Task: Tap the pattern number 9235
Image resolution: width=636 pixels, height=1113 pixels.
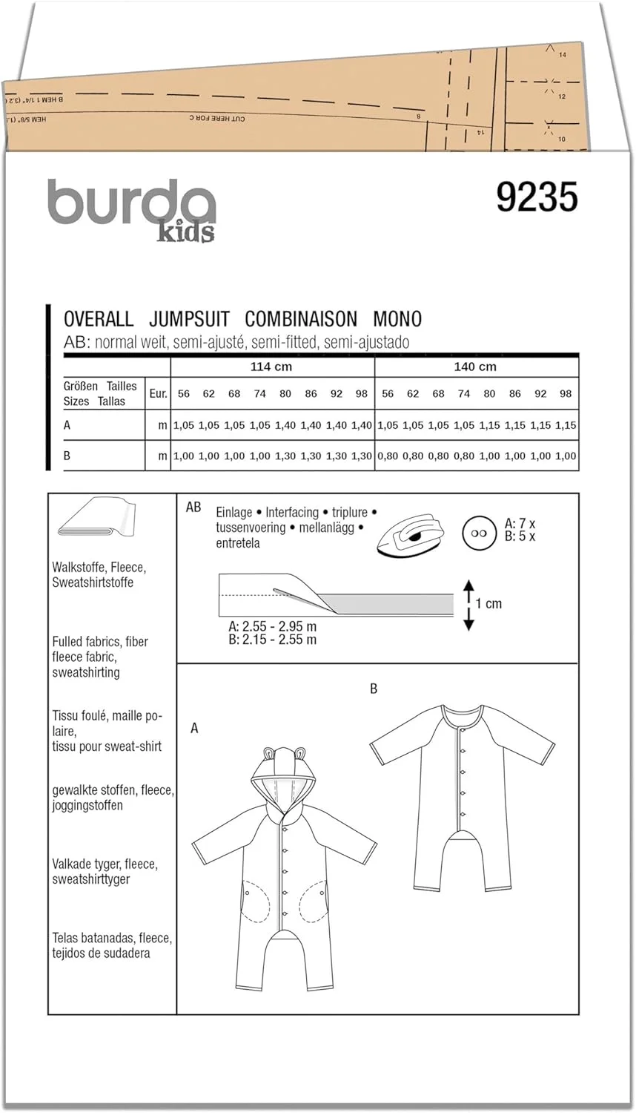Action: [537, 198]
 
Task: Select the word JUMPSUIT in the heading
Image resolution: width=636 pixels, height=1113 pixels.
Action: [189, 319]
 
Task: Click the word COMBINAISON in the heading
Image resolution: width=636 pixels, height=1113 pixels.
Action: [301, 319]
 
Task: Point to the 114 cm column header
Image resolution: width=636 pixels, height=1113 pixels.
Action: [271, 367]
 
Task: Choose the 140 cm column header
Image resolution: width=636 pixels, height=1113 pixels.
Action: [475, 367]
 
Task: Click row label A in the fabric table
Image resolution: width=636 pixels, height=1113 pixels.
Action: [67, 425]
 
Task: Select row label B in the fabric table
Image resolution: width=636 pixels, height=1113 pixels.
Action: [67, 456]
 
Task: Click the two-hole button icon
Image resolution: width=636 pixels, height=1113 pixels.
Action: [478, 533]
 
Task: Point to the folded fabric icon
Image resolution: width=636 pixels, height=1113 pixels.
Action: [95, 519]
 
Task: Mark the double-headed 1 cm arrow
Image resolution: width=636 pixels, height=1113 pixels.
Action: [468, 605]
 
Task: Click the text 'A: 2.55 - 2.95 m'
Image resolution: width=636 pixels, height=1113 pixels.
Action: [272, 626]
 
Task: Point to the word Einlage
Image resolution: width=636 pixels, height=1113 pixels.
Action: [233, 513]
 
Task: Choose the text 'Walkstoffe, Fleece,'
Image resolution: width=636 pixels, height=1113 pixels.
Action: [99, 568]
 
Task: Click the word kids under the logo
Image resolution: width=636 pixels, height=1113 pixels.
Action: [185, 232]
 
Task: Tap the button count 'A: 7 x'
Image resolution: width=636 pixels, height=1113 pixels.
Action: [520, 524]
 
